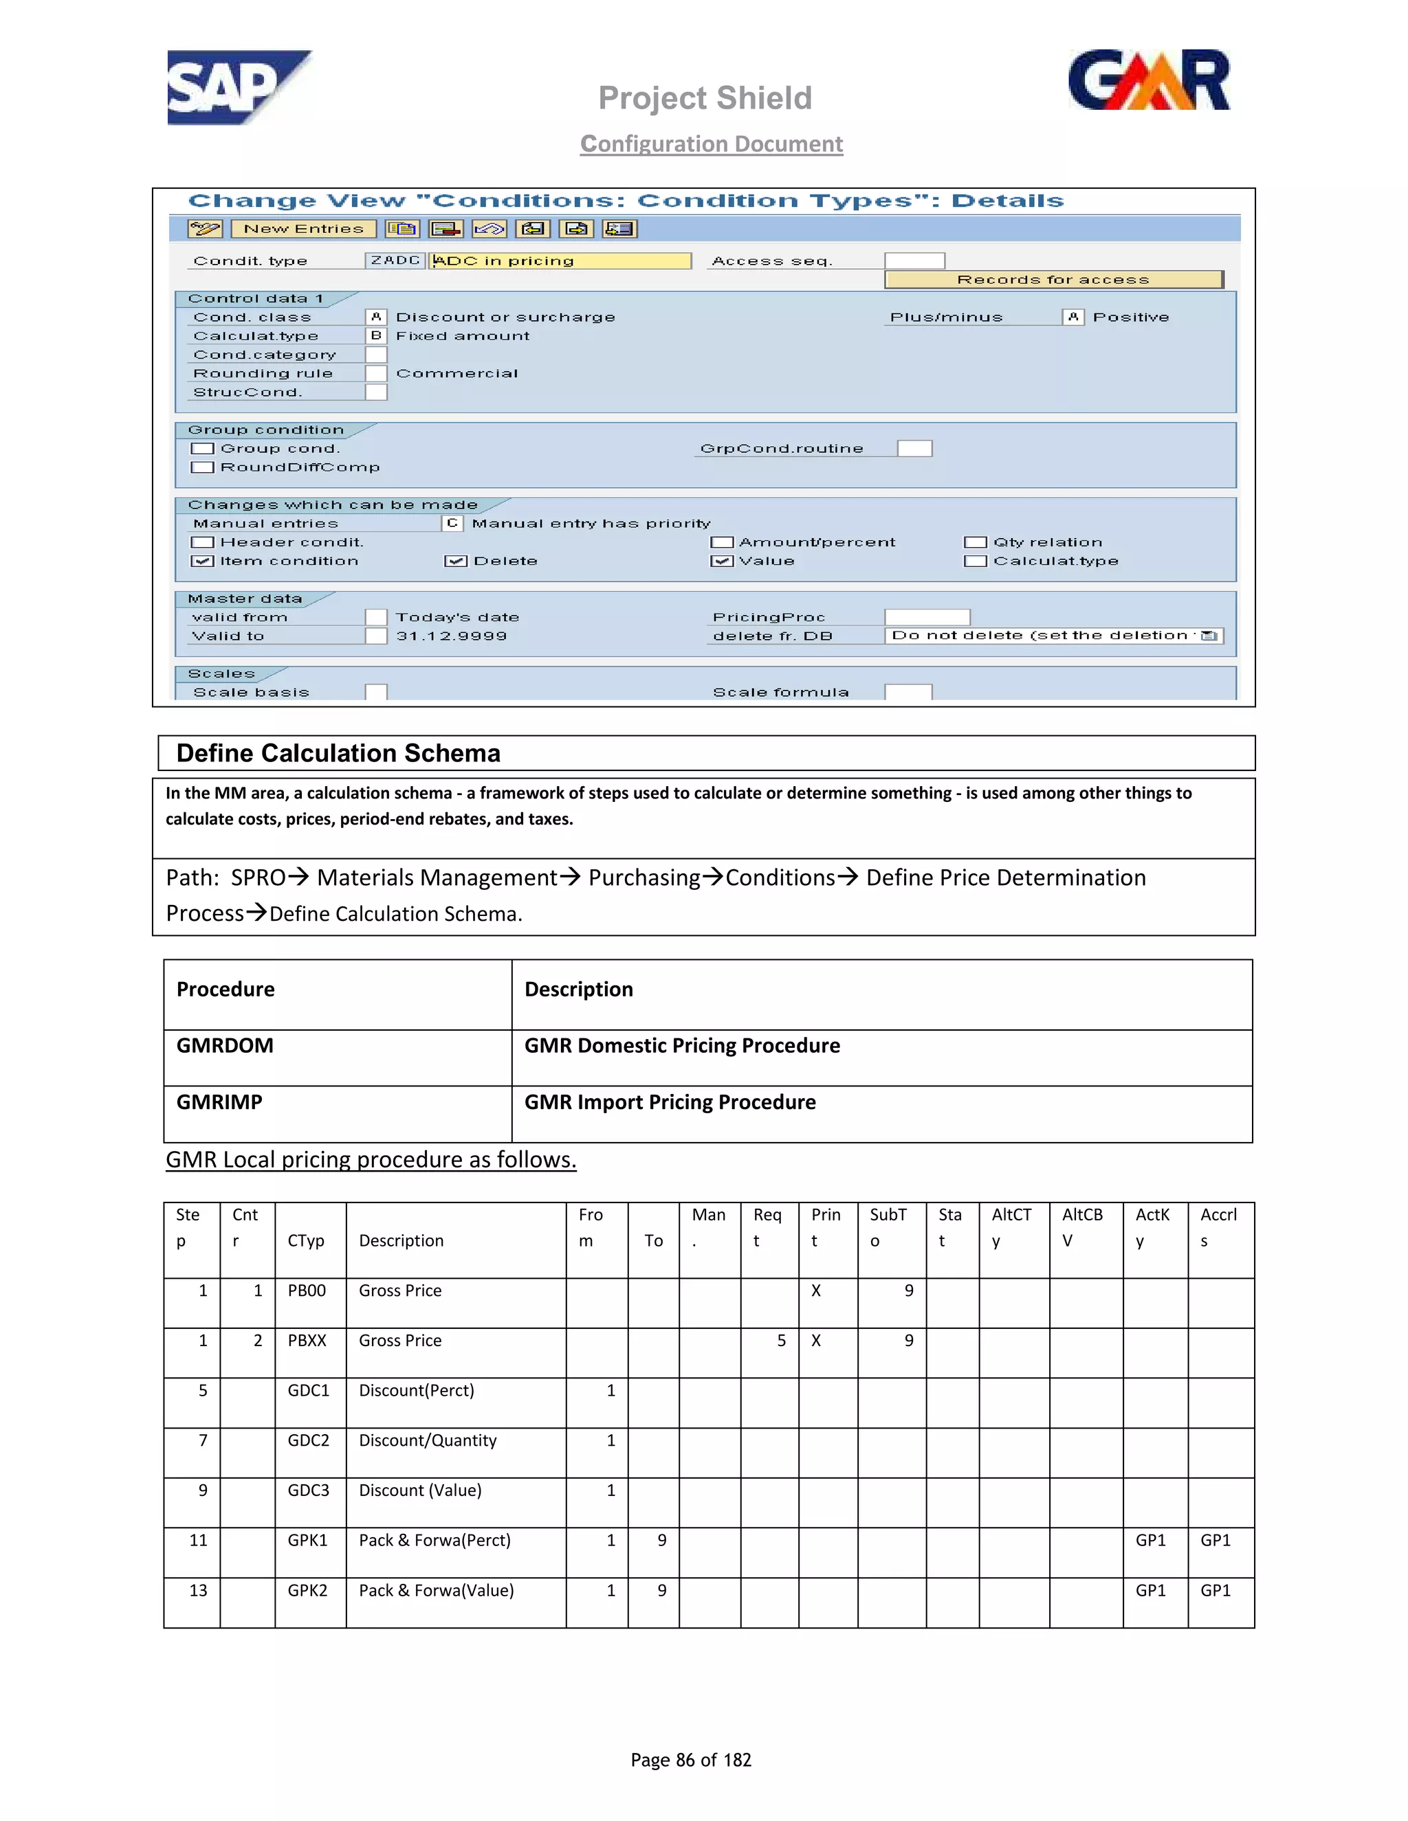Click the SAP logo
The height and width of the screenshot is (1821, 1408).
(x=238, y=87)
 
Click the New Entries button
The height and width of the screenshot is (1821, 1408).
(x=304, y=228)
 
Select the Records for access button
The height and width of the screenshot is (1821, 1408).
(x=1053, y=279)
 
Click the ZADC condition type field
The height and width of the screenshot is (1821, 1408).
(x=395, y=261)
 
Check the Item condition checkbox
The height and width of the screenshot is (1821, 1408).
(x=202, y=561)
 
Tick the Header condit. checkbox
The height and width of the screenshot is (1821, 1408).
(x=202, y=543)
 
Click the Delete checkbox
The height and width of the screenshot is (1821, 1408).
(x=455, y=561)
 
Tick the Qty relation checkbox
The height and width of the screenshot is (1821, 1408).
(x=975, y=543)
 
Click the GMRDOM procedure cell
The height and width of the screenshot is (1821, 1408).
(x=225, y=1046)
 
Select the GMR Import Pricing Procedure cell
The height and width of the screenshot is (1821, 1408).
(x=670, y=1102)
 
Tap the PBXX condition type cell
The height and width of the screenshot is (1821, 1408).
(x=307, y=1341)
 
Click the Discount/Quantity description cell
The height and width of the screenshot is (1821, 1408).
(x=427, y=1441)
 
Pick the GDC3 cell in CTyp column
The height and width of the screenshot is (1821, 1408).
(x=308, y=1491)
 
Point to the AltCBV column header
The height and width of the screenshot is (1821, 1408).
(x=1083, y=1227)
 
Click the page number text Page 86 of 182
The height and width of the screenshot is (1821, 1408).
(x=691, y=1760)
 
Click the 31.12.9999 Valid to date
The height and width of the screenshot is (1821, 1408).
(x=451, y=636)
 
